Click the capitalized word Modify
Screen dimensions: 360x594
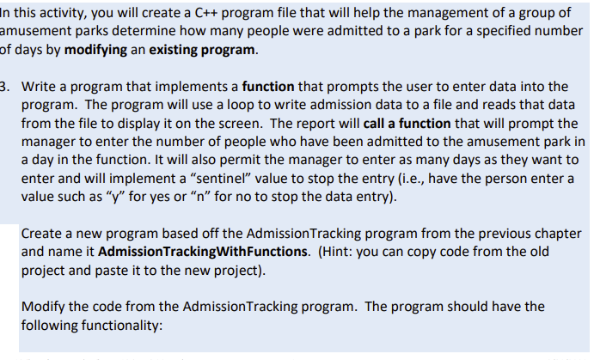(43, 308)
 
